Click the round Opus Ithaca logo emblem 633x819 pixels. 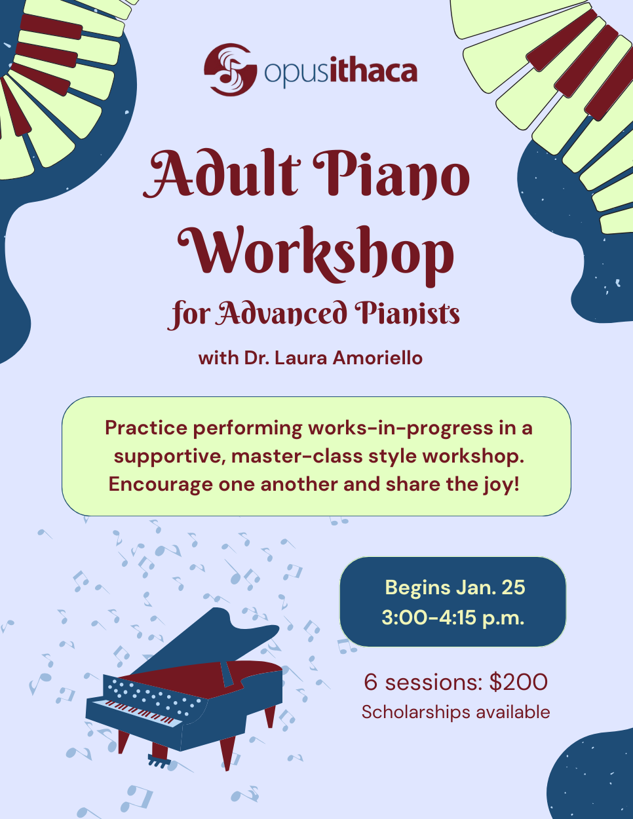(230, 69)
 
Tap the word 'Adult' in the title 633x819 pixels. (221, 174)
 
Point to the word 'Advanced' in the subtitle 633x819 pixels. (282, 313)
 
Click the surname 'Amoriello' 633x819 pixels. (377, 358)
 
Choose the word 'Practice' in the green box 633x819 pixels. (146, 428)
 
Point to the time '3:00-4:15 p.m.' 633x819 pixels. (453, 618)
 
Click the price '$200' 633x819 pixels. (519, 682)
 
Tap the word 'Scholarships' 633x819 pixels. (416, 712)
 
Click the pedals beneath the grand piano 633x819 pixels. (159, 761)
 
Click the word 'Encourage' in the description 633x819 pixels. (161, 485)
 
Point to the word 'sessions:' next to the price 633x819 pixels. (434, 682)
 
